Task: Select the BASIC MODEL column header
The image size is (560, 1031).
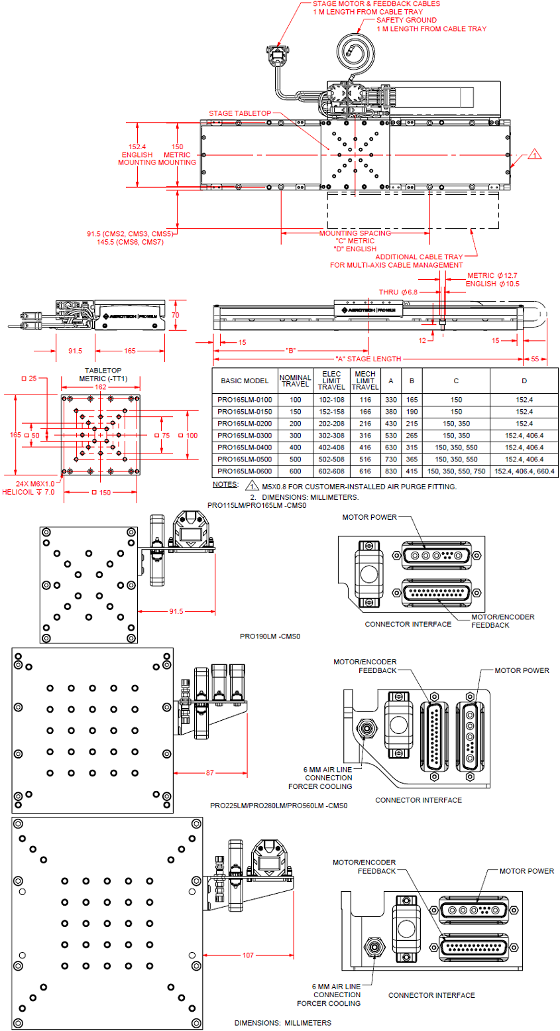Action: pyautogui.click(x=244, y=381)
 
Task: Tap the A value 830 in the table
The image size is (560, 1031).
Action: pyautogui.click(x=391, y=471)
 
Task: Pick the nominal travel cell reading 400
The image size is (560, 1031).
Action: pyautogui.click(x=295, y=448)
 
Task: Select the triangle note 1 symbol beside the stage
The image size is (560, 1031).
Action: pyautogui.click(x=535, y=155)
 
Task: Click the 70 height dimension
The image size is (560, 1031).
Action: pyautogui.click(x=175, y=316)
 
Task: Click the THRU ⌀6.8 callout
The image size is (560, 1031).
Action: pyautogui.click(x=398, y=292)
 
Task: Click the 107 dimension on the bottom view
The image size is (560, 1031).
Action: pyautogui.click(x=248, y=955)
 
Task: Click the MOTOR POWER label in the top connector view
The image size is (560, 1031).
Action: pyautogui.click(x=368, y=516)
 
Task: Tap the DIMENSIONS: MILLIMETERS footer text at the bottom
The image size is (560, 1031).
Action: pyautogui.click(x=282, y=1023)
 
